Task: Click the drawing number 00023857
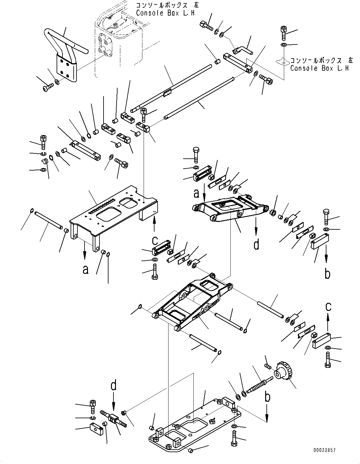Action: click(x=325, y=450)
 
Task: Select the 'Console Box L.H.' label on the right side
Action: click(x=320, y=68)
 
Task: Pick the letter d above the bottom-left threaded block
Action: click(x=113, y=386)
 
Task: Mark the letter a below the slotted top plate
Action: click(x=85, y=269)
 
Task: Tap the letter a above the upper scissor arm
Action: click(x=196, y=193)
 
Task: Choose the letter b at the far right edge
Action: click(x=327, y=274)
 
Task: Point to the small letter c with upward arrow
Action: click(x=328, y=307)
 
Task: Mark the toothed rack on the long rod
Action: click(x=168, y=92)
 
